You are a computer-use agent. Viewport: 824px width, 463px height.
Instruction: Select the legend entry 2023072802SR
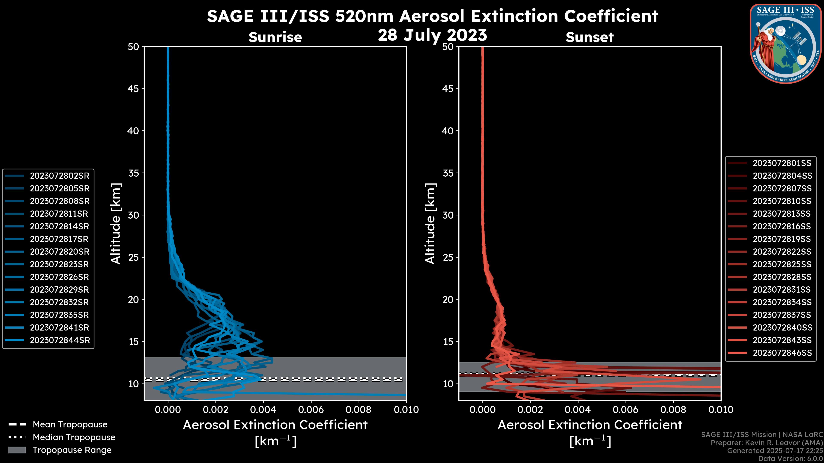(59, 176)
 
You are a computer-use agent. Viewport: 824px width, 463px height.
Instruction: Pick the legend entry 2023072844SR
(60, 340)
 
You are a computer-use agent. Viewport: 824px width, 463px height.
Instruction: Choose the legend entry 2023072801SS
(782, 163)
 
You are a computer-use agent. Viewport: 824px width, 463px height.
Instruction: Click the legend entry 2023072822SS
(782, 252)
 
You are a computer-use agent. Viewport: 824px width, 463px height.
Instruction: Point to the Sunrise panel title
(275, 37)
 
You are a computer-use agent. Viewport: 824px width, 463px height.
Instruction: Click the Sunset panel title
(589, 37)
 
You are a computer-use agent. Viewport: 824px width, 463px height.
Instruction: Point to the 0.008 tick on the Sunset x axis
(673, 410)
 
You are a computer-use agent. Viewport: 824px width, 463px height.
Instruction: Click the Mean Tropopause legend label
(70, 425)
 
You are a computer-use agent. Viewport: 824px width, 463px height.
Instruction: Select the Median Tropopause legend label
(74, 437)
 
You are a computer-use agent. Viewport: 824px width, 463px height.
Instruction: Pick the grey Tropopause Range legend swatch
(17, 450)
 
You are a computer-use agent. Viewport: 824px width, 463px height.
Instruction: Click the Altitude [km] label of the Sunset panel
(430, 223)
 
